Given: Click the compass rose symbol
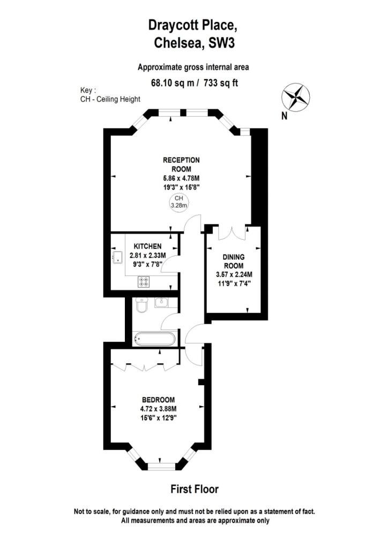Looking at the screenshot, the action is coord(296,97).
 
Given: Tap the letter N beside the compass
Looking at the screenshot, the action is coord(285,116).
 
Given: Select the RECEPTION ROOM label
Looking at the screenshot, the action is coord(181,165).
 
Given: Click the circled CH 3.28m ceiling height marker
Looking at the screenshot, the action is coord(179,202).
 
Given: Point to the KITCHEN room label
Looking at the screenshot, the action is coord(147,246).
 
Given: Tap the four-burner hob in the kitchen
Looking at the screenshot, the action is coord(144,282).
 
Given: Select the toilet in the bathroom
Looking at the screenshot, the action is coord(141,306).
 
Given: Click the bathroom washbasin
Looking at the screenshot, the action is coord(161,302).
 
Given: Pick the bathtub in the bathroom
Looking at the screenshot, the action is coord(154,339).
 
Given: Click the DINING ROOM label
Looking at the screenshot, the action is coord(234,261).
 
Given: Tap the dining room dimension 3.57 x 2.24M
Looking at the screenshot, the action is coord(234,275).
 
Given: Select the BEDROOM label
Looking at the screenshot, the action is coord(159,400).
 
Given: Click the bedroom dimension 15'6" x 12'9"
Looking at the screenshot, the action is coord(159,417).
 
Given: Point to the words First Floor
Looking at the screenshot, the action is coord(195,489).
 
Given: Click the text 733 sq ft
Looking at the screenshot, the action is coord(221,83).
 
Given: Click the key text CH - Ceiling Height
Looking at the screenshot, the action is coord(110,99).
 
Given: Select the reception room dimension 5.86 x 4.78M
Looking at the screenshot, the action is coord(181,178).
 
